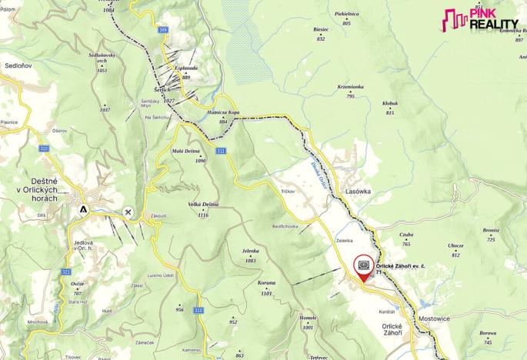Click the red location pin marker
click(x=364, y=266)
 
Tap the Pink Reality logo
click(x=481, y=20)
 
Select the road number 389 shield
click(x=162, y=30)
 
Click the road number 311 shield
click(x=221, y=151)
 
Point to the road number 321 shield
click(x=66, y=272)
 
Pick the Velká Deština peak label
click(x=199, y=205)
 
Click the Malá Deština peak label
click(x=189, y=151)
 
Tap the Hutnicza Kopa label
click(x=223, y=112)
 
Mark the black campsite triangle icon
click(x=83, y=208)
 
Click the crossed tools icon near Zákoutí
click(x=128, y=212)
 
